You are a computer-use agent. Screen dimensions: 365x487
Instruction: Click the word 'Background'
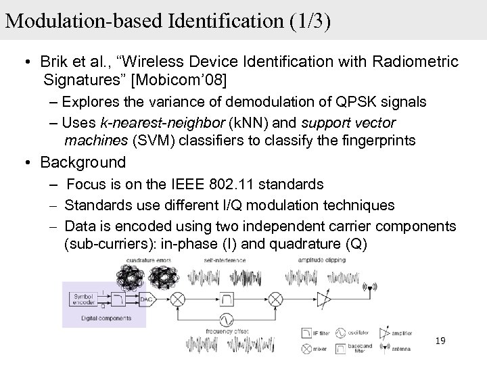click(x=83, y=162)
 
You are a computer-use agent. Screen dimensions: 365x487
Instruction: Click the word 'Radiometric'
click(x=413, y=62)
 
